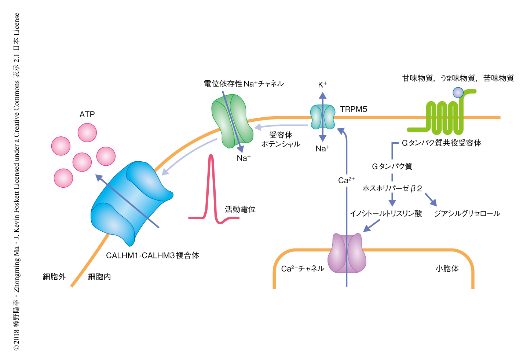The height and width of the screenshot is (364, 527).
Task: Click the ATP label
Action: pyautogui.click(x=87, y=114)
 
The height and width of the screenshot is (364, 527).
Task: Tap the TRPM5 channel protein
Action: pyautogui.click(x=323, y=117)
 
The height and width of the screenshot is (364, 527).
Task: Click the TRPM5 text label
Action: pyautogui.click(x=353, y=109)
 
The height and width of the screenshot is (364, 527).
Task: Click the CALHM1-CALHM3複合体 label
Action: pyautogui.click(x=152, y=255)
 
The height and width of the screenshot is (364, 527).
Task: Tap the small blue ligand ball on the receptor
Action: pyautogui.click(x=458, y=92)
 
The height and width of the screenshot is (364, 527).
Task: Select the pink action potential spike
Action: pyautogui.click(x=211, y=187)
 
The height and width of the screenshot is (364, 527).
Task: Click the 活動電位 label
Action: pyautogui.click(x=240, y=209)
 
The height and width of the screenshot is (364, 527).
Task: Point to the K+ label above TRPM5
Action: pyautogui.click(x=322, y=85)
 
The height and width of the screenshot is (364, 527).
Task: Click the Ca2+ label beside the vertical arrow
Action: pyautogui.click(x=346, y=180)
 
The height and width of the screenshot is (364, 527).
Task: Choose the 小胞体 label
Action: pyautogui.click(x=447, y=269)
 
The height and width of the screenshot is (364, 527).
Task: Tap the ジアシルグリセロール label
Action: pyautogui.click(x=467, y=213)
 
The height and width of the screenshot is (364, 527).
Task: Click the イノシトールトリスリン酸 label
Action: pyautogui.click(x=386, y=213)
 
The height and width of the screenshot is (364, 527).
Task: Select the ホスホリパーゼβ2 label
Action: pyautogui.click(x=392, y=188)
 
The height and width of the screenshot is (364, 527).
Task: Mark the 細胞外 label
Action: pyautogui.click(x=54, y=277)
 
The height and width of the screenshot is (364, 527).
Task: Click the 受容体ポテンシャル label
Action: pyautogui.click(x=281, y=140)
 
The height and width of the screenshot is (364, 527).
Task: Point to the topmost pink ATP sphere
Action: pyautogui.click(x=87, y=133)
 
